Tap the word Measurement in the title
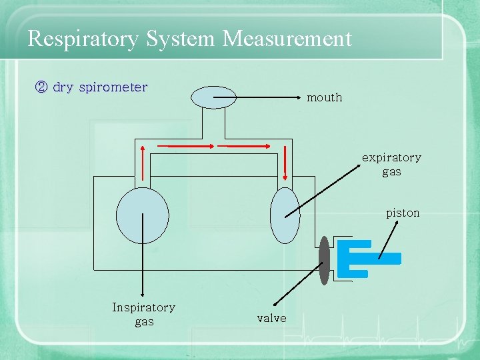287,38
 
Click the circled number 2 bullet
40,87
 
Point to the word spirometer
113,87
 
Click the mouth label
324,97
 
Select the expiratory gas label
391,164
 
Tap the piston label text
403,213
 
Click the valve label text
271,318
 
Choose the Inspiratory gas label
143,314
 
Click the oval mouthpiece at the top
213,97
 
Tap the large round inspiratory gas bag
142,215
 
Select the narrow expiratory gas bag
285,215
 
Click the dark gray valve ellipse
324,261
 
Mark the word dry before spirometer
63,87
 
